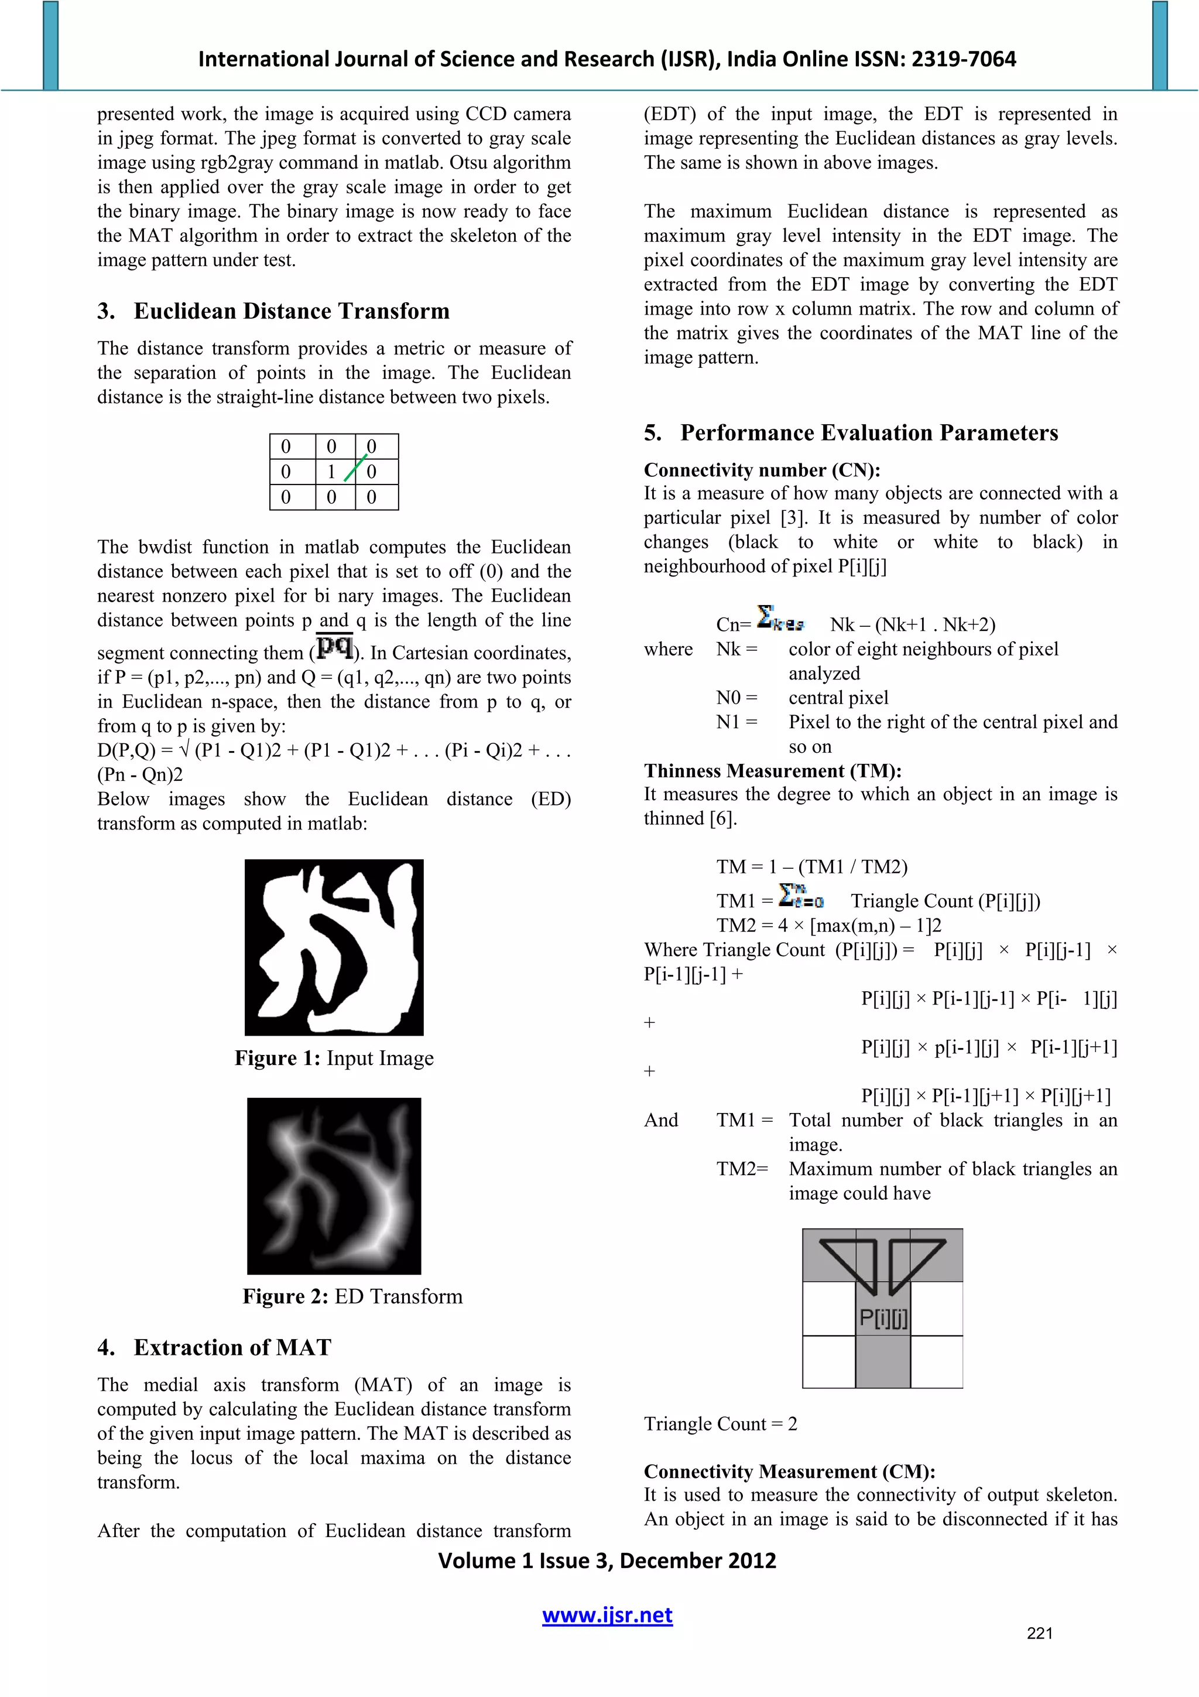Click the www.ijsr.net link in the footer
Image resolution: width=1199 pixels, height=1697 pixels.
point(607,1616)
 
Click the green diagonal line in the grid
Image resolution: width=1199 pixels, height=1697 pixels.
point(355,468)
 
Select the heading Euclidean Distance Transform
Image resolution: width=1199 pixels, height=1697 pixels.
point(291,311)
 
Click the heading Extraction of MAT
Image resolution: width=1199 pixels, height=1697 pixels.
point(232,1347)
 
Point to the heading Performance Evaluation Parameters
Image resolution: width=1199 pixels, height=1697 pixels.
point(869,433)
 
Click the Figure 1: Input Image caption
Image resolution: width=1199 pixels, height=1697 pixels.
point(334,1059)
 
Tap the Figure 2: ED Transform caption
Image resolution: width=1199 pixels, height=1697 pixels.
point(352,1296)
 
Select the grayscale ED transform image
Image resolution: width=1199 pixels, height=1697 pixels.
point(334,1186)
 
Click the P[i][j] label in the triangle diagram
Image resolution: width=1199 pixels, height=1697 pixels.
point(883,1318)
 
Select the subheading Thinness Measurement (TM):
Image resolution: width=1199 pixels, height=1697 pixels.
point(772,771)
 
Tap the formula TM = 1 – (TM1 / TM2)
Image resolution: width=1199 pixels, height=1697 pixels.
point(811,867)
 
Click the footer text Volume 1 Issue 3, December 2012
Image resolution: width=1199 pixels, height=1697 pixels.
point(607,1561)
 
